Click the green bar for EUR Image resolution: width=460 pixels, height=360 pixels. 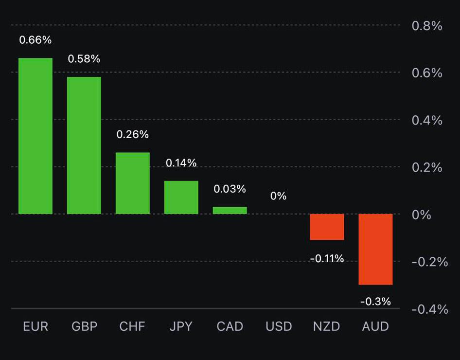pos(35,136)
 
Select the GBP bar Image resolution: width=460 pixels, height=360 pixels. pos(84,145)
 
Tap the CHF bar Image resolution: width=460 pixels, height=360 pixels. pos(133,183)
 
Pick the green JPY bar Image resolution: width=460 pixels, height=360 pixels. pos(181,198)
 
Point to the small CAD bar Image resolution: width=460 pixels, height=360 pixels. pos(230,210)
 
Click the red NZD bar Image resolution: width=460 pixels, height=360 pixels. pos(327,227)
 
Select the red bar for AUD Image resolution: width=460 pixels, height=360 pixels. pos(375,249)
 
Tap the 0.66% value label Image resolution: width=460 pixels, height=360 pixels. pos(35,40)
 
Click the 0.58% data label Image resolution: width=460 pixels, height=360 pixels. pos(84,59)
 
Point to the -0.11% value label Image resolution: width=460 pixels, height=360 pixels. pos(327,259)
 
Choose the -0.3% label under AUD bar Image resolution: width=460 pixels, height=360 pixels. pos(375,302)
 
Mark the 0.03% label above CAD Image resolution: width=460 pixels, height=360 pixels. pos(230,189)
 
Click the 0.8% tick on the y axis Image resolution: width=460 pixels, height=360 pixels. pos(427,26)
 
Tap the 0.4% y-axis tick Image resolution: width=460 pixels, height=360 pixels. pos(427,120)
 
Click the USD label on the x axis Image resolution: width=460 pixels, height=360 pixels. pos(279,326)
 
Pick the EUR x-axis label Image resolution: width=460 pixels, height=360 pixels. pos(35,326)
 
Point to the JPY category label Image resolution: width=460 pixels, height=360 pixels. pos(181,326)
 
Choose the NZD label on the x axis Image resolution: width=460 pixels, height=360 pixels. pos(327,326)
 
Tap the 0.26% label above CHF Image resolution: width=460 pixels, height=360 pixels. pos(133,134)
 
